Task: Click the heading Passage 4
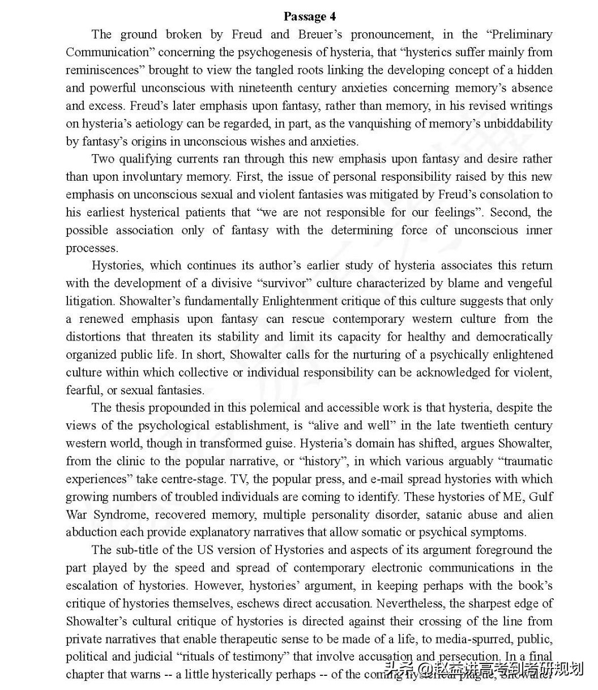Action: (x=310, y=16)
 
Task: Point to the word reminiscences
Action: (x=104, y=70)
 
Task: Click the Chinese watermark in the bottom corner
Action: (x=484, y=670)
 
